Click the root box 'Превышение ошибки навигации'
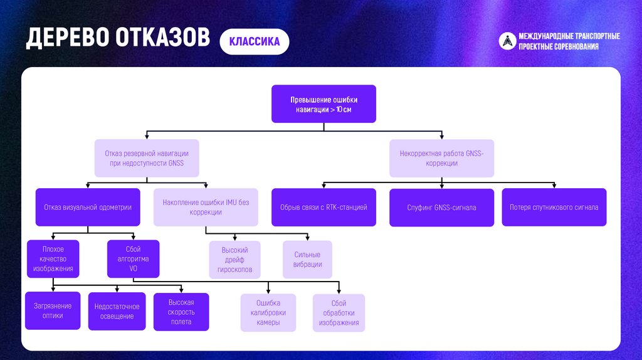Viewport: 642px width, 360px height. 324,104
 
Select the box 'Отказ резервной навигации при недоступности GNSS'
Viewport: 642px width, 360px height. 146,157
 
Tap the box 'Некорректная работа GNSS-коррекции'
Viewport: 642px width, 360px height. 441,157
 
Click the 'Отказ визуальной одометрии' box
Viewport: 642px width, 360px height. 88,207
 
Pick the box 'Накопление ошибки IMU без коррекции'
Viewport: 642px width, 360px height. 206,207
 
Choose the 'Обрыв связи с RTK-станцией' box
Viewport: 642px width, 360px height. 324,207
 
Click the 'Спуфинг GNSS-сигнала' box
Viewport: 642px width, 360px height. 441,207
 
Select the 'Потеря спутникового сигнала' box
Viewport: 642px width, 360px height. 554,207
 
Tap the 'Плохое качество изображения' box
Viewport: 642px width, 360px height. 53,258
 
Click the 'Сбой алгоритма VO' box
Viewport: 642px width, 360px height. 133,258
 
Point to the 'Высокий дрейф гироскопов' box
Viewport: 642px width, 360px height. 234,260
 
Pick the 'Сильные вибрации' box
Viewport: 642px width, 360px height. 307,259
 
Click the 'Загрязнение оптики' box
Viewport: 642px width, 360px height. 53,310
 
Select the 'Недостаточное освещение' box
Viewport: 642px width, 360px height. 117,311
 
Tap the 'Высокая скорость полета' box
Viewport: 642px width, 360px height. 181,312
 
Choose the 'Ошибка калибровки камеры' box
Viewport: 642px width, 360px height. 268,312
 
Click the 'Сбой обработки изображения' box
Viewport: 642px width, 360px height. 339,312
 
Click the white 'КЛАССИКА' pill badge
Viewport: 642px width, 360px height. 254,42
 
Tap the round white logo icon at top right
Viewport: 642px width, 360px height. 507,41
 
